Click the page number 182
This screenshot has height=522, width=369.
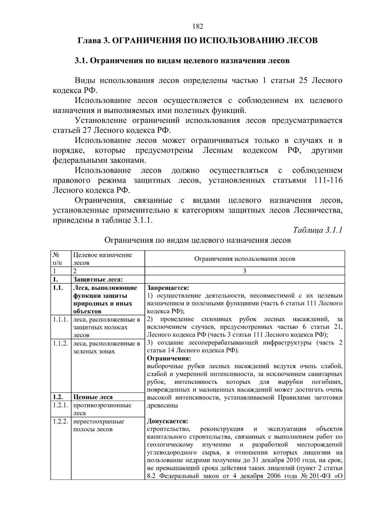[198, 26]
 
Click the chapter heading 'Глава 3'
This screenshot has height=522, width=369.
[93, 41]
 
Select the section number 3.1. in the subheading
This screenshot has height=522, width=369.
[81, 61]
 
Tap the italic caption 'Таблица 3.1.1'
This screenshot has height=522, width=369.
[318, 230]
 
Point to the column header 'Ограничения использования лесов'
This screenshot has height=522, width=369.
[244, 259]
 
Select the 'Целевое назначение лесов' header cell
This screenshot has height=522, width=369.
[102, 259]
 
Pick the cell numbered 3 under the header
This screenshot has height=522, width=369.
[244, 271]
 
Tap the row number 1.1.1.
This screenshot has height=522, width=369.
[60, 320]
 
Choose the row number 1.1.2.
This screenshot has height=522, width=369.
[60, 343]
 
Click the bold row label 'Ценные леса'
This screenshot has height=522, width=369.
[93, 397]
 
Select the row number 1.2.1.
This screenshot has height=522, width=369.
[60, 405]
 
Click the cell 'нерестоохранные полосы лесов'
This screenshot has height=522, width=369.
[98, 425]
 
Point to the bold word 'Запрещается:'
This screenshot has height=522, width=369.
[168, 288]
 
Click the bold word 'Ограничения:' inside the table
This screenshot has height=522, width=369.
[169, 358]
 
